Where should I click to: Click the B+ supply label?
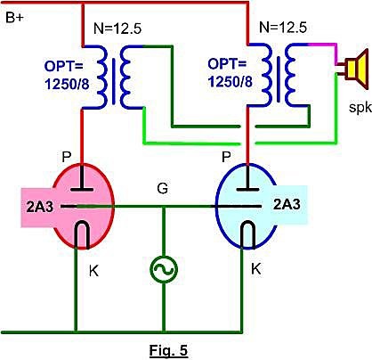14,18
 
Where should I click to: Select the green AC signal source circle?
164,269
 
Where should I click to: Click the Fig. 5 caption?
168,350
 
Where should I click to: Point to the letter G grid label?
163,188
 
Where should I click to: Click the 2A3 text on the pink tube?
40,207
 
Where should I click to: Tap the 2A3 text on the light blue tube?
287,204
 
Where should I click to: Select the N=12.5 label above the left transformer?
117,29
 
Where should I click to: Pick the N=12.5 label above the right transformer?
283,28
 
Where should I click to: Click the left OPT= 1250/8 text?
67,76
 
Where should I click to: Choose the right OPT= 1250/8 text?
230,72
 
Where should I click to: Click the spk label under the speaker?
360,108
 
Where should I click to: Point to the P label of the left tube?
67,157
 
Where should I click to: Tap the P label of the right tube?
226,157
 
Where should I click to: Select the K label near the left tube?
94,271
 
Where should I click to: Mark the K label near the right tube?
256,269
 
